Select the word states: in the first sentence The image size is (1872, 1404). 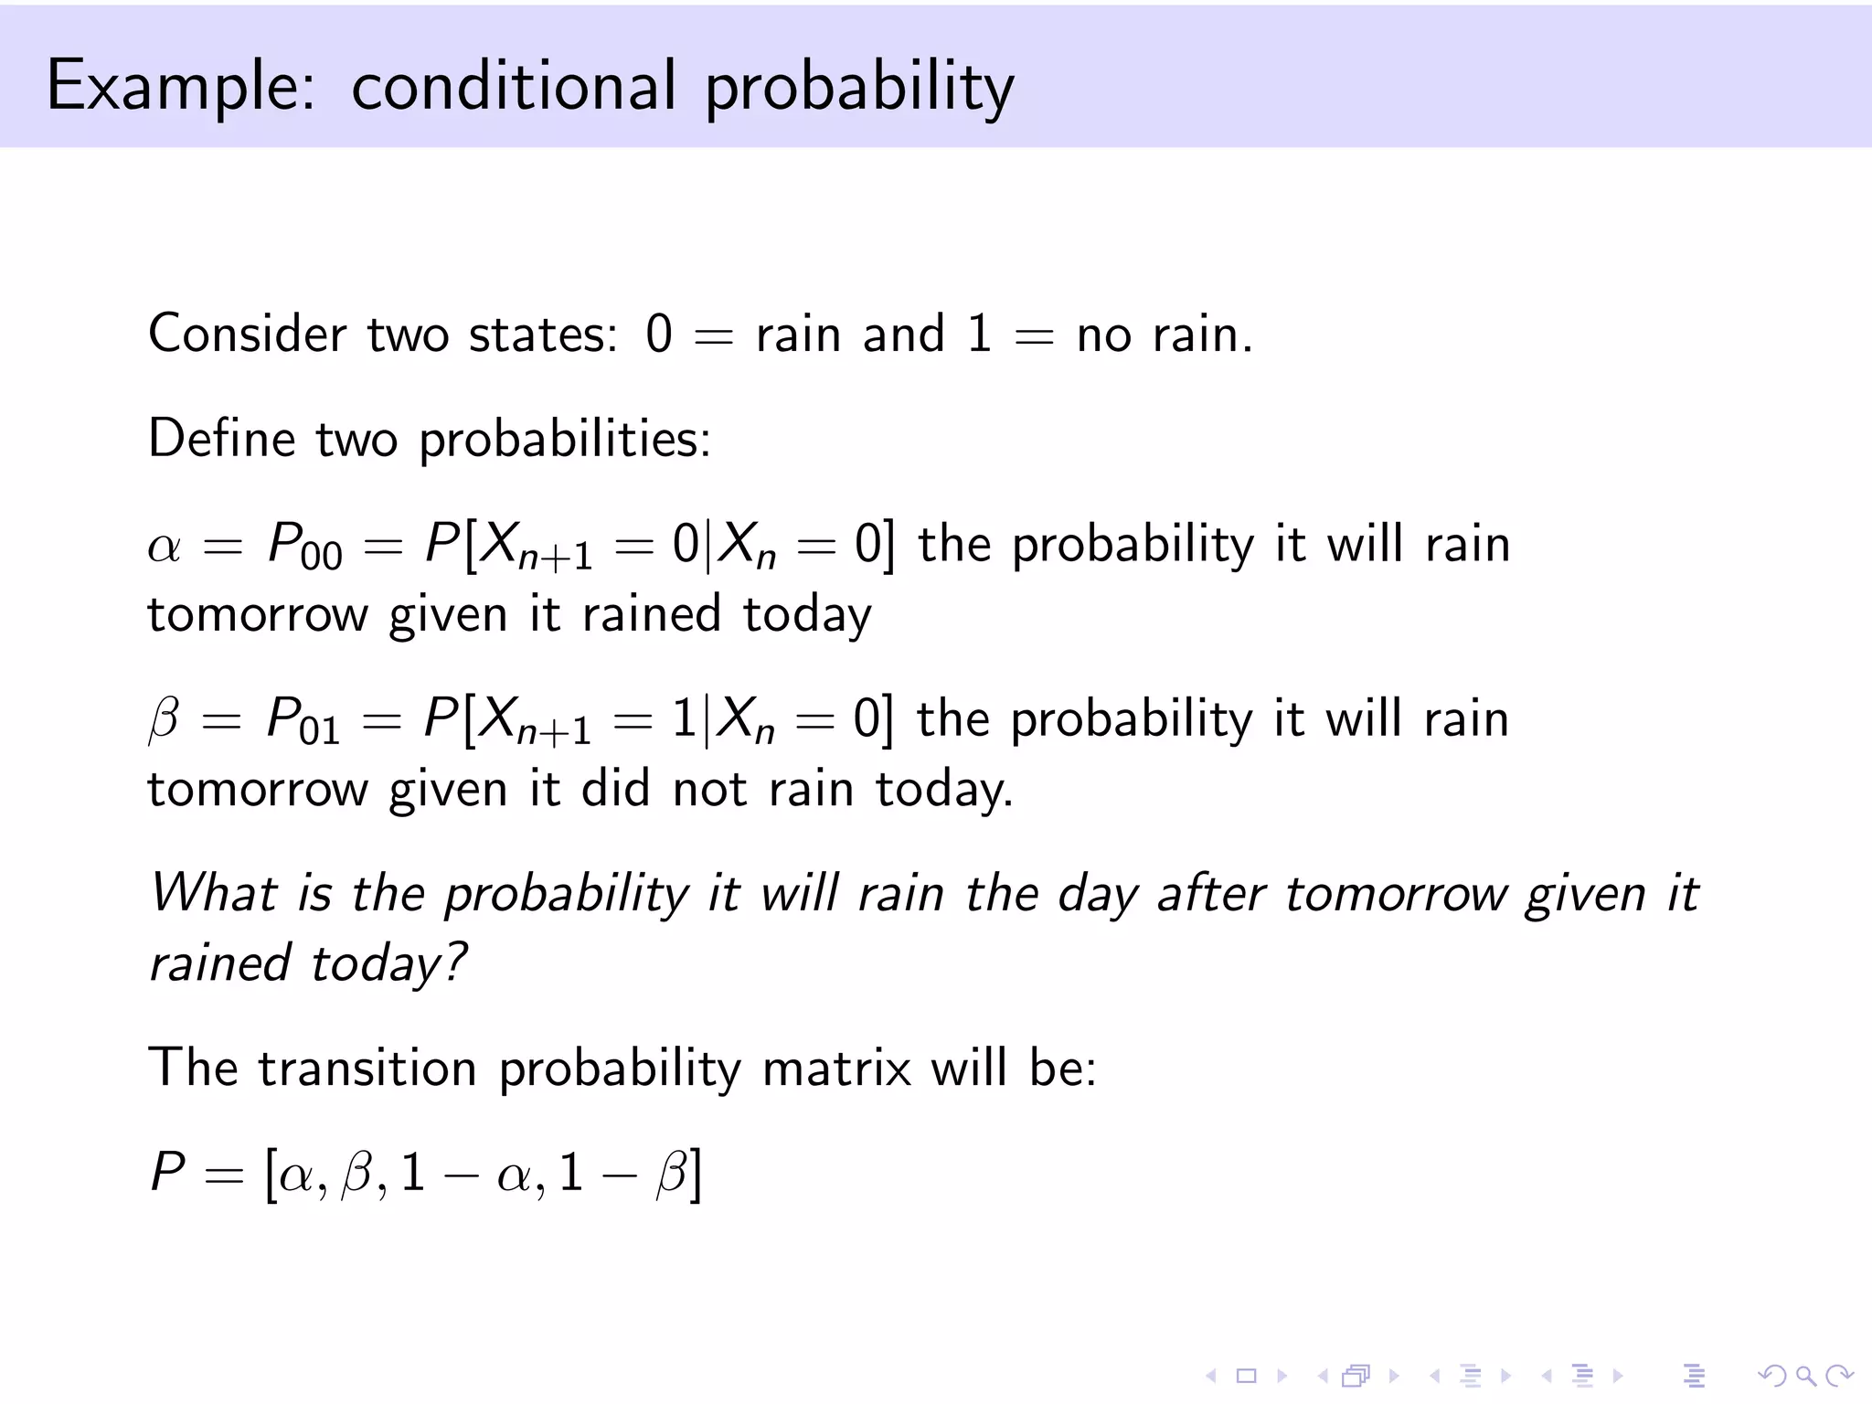[543, 334]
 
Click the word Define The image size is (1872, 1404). [220, 439]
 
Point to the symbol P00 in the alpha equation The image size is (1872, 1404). [303, 547]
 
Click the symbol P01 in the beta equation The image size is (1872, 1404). [302, 721]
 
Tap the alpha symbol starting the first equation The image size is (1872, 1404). [165, 548]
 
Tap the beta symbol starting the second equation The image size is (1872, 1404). [164, 721]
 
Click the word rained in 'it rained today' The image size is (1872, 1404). [651, 614]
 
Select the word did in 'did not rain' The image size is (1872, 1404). [614, 789]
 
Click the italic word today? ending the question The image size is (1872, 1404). [388, 964]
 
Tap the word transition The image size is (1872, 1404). [367, 1068]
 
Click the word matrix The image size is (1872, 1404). [836, 1068]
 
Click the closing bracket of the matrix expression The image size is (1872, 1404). [697, 1174]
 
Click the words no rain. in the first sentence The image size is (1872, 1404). [1164, 334]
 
